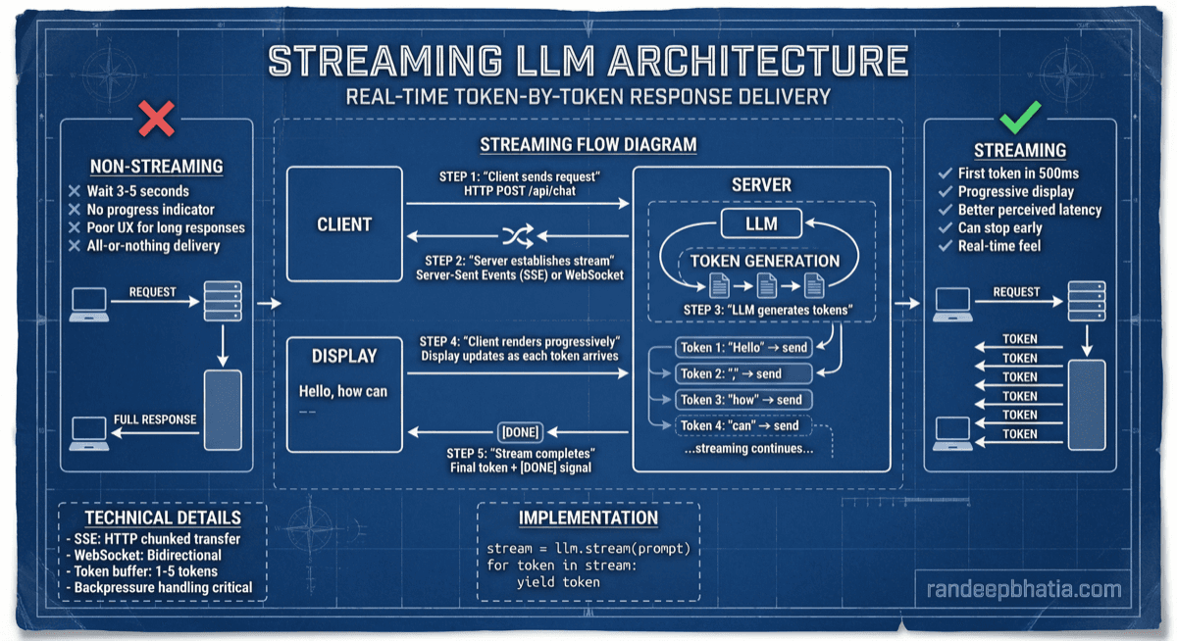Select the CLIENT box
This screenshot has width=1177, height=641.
pos(344,224)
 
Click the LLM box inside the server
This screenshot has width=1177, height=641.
pos(761,223)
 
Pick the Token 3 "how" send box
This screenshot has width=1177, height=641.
pos(742,399)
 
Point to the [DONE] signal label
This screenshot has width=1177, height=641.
pos(520,431)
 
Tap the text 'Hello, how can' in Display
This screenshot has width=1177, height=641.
pos(343,391)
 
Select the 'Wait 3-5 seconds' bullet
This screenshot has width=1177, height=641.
pos(137,191)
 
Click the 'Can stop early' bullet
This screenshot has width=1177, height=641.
pos(999,227)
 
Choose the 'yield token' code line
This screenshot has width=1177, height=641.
pos(558,581)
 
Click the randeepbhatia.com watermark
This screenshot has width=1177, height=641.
pos(1023,589)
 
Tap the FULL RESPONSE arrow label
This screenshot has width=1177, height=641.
pos(155,419)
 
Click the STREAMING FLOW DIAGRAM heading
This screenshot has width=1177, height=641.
pos(588,145)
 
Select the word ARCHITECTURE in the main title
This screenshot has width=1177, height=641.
pos(758,62)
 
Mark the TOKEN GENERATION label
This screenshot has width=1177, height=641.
pos(765,261)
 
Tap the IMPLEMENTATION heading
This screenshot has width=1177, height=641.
pos(588,518)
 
